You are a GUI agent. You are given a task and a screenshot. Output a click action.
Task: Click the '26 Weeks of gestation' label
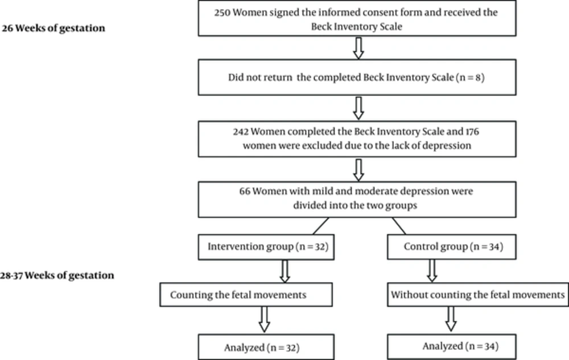coord(53,28)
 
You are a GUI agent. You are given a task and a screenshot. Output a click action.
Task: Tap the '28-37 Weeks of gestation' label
coord(57,275)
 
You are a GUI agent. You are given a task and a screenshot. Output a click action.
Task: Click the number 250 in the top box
coord(222,13)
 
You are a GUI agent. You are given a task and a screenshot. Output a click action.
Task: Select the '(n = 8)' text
coord(471,77)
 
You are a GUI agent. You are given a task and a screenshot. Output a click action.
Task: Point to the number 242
coord(241,131)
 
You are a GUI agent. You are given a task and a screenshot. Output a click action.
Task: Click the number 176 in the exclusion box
coord(472,131)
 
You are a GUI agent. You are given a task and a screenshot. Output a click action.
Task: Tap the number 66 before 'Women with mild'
coord(245,191)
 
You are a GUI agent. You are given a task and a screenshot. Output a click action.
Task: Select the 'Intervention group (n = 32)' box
coord(266,247)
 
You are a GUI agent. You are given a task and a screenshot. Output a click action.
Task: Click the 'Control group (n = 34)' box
coord(452,247)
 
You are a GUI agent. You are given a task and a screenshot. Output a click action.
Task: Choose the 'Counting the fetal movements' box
coord(246,295)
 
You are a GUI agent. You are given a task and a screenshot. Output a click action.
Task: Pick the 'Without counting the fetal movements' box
coord(478,295)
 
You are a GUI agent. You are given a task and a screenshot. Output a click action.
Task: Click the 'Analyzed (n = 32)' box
coord(266,347)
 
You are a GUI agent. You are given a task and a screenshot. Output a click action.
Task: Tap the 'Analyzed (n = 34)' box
coord(452,347)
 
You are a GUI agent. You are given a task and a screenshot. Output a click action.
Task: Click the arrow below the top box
coord(358,48)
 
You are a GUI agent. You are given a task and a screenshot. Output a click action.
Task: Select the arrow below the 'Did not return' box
coord(358,108)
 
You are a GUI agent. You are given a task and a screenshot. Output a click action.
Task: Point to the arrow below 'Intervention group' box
coord(285,271)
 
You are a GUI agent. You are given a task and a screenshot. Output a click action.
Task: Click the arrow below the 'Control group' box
coord(432,271)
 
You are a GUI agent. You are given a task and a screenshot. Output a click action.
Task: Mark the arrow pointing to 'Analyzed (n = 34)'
coord(451,320)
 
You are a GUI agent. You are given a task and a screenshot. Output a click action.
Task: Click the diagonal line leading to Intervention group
coord(321,226)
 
